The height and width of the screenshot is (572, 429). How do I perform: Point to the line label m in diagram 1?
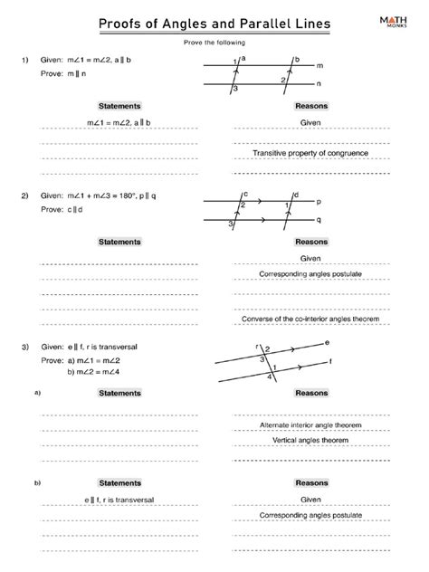(319, 66)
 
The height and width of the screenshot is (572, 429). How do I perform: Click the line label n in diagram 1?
(319, 84)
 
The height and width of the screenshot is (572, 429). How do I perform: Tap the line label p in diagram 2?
(318, 204)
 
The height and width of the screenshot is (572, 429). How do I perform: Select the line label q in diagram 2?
(318, 220)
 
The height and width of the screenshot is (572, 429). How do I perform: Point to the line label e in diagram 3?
(327, 343)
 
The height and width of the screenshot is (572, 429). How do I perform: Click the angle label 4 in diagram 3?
(269, 377)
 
